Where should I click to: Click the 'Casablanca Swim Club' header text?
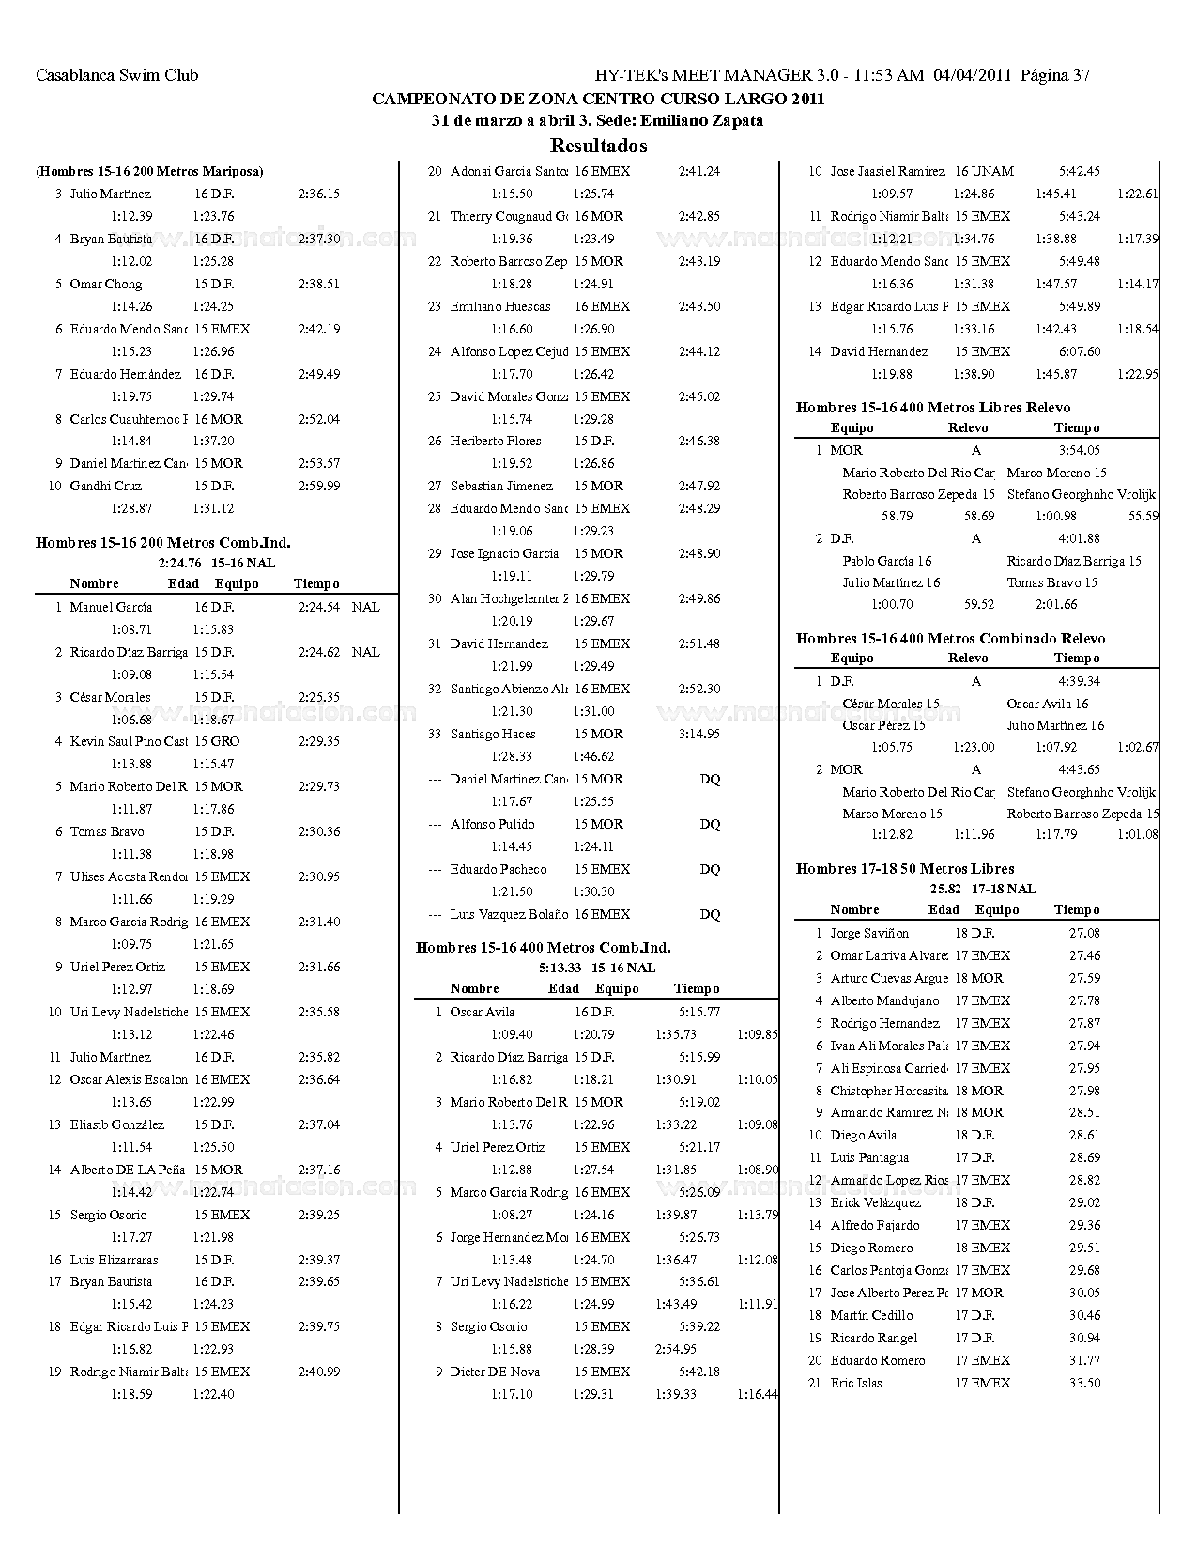116,75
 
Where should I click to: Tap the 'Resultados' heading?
598,146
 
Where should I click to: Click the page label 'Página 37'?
1054,75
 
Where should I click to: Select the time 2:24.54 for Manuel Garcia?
319,607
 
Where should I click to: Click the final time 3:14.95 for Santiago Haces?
698,734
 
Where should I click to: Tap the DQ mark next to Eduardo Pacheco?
710,869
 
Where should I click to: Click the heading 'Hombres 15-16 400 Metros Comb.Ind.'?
543,947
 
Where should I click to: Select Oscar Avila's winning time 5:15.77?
699,1012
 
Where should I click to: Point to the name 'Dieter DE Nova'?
495,1372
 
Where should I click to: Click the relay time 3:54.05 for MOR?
1079,450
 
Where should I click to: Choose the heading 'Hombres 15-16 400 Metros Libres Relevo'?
932,407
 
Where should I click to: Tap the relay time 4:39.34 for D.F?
1079,681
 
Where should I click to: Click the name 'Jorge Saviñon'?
869,933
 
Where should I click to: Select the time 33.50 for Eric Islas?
1084,1383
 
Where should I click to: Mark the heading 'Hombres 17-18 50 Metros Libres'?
904,868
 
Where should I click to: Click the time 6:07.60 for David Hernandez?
1079,351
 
